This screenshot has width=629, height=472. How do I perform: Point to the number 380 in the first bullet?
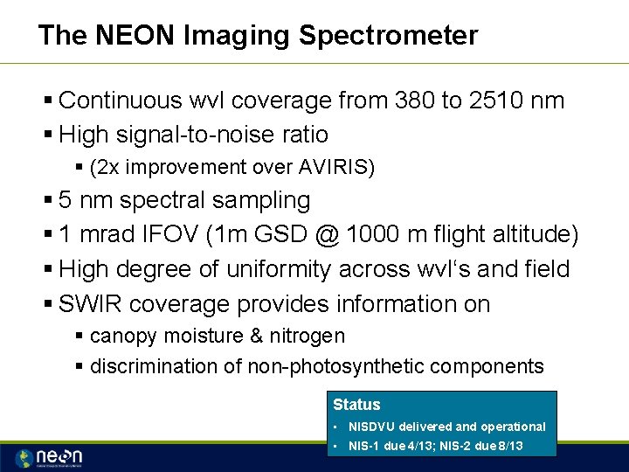[411, 101]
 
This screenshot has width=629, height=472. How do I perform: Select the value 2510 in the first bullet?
[508, 101]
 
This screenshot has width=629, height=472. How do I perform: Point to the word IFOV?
[170, 235]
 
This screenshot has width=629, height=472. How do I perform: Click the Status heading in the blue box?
[356, 405]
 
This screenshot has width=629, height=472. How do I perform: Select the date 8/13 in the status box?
[509, 446]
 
